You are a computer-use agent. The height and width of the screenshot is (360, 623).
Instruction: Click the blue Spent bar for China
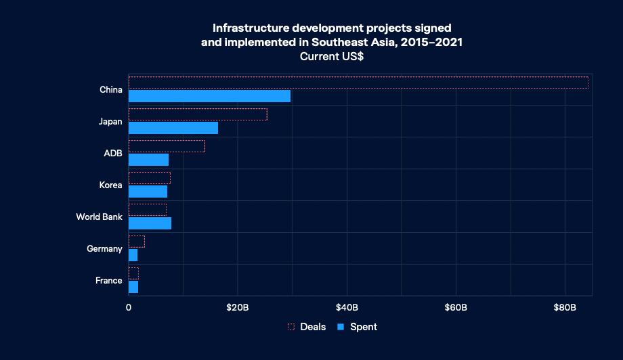point(209,96)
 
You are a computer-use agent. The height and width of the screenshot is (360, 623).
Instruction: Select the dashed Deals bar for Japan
point(198,114)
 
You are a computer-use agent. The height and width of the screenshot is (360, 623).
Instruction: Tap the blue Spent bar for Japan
point(173,128)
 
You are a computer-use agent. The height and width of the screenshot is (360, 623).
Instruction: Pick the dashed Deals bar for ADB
point(167,146)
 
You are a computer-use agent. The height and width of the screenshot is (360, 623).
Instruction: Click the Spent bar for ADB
point(148,160)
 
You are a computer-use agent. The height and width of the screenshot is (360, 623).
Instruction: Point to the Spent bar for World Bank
point(150,223)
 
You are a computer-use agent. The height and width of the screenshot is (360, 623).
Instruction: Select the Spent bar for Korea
point(148,192)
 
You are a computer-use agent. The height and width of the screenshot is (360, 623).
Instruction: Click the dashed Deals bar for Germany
point(136,242)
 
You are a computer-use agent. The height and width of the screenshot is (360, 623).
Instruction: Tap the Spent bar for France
point(133,287)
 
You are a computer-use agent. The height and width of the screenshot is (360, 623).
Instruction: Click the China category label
point(110,90)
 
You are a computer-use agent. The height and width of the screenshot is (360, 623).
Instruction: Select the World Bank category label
point(99,217)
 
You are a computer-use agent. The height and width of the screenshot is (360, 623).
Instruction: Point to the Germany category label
point(104,249)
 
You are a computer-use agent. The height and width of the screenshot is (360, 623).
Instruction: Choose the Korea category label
point(110,185)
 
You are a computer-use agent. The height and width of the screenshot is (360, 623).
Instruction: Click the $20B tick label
point(238,307)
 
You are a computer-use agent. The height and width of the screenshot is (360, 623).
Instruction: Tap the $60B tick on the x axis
point(456,307)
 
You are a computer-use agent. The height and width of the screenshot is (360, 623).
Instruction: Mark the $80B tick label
point(565,307)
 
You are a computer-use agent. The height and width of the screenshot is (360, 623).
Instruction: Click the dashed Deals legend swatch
point(291,327)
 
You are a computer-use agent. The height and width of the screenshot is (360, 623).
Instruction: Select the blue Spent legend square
point(341,327)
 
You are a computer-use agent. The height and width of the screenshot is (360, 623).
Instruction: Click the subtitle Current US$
point(332,57)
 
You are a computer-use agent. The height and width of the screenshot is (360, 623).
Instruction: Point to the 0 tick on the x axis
point(129,307)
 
